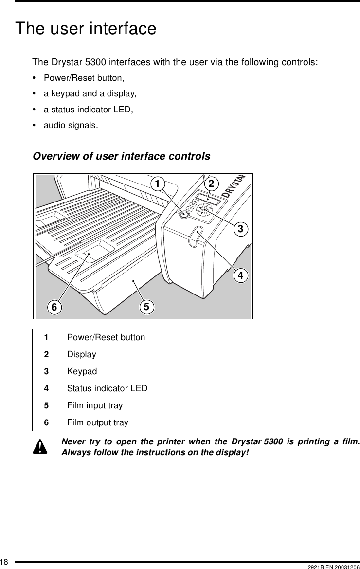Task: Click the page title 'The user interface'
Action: (86, 29)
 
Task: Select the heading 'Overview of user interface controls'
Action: (121, 156)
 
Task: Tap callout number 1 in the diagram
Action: (157, 184)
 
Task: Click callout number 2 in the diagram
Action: (211, 184)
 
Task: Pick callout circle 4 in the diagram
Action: (239, 275)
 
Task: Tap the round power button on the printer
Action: (184, 214)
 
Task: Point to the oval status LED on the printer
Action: (196, 237)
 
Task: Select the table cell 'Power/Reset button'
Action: (106, 337)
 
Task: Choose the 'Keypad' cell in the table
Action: (82, 371)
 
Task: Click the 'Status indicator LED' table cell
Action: (108, 388)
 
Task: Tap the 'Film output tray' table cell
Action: (98, 422)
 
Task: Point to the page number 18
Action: (5, 563)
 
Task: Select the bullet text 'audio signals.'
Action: (71, 126)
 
